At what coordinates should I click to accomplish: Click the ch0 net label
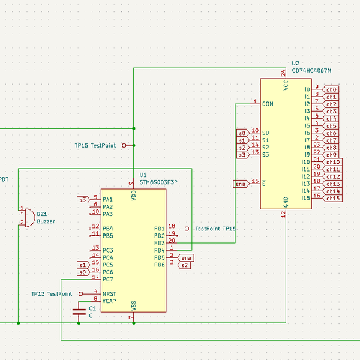(331, 89)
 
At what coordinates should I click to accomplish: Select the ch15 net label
(333, 198)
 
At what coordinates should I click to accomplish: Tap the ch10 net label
(333, 162)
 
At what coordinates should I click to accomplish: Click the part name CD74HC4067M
(311, 71)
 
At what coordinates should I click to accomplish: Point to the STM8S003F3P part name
(158, 181)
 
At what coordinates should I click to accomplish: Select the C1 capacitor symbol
(79, 311)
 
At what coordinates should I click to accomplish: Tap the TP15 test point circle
(124, 145)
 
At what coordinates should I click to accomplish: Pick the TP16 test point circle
(187, 229)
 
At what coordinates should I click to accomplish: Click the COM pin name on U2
(268, 104)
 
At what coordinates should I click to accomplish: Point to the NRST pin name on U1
(109, 294)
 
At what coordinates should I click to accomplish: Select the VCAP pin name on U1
(109, 301)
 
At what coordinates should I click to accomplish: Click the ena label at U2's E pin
(240, 184)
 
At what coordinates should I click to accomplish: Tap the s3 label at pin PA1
(83, 199)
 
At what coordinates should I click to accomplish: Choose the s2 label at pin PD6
(185, 265)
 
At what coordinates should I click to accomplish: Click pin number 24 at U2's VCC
(283, 73)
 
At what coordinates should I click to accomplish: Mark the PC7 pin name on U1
(108, 279)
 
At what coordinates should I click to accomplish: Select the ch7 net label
(331, 140)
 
